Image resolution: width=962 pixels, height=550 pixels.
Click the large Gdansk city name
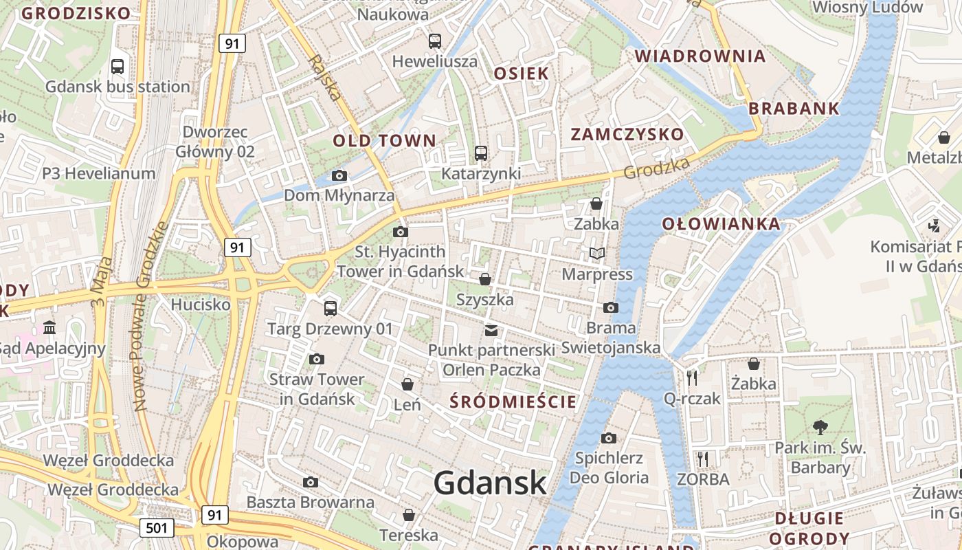pos(490,483)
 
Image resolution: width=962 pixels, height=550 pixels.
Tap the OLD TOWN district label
pos(384,141)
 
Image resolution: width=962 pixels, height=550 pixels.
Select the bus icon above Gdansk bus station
pos(118,67)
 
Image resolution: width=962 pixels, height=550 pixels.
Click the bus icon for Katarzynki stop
pos(481,153)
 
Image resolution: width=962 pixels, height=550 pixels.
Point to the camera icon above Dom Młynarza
pos(339,175)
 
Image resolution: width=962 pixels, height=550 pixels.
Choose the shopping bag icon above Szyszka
pos(485,279)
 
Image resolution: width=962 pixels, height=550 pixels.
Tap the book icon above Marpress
pos(596,254)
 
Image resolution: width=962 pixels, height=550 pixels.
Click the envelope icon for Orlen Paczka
pos(491,331)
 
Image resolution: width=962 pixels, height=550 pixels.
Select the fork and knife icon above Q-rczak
pos(692,377)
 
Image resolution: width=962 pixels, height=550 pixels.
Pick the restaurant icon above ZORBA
pos(702,459)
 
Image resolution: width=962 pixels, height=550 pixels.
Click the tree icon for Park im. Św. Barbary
pos(820,427)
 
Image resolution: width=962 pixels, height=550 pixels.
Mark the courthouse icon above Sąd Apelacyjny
pos(49,327)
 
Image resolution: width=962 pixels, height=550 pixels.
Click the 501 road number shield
pos(157,528)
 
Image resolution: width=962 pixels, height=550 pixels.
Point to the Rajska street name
pos(324,78)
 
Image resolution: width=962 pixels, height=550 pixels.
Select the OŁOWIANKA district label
pos(721,223)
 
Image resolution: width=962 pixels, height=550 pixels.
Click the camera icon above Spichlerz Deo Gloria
pos(608,438)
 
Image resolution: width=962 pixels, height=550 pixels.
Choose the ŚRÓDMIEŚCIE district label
pos(513,402)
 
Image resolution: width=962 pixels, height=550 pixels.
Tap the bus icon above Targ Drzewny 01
pos(331,308)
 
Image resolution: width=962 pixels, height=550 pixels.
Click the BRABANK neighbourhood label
pos(794,109)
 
